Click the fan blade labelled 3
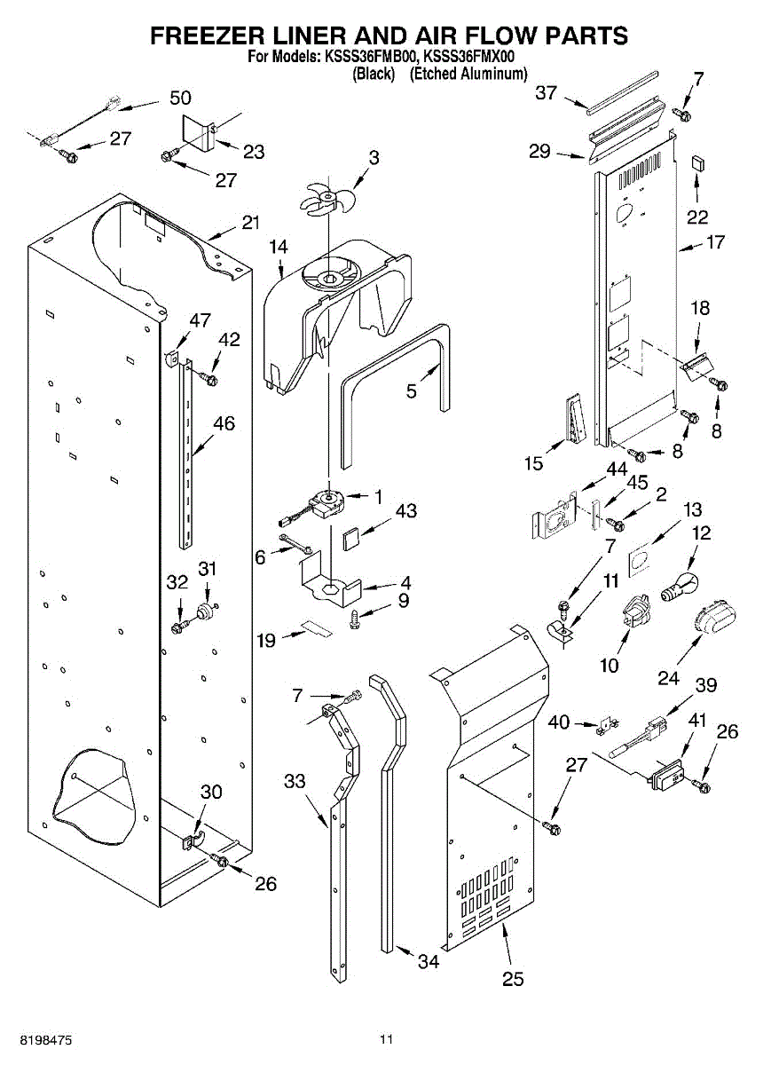pos(326,198)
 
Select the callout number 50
pos(180,98)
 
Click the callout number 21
pos(251,223)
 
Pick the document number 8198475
pos(37,1037)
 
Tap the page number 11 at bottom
pos(385,1038)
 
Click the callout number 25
pos(513,979)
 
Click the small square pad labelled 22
pos(697,163)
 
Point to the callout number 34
pos(429,961)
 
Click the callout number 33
pos(295,781)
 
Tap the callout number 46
pos(224,424)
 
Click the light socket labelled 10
pos(633,613)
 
